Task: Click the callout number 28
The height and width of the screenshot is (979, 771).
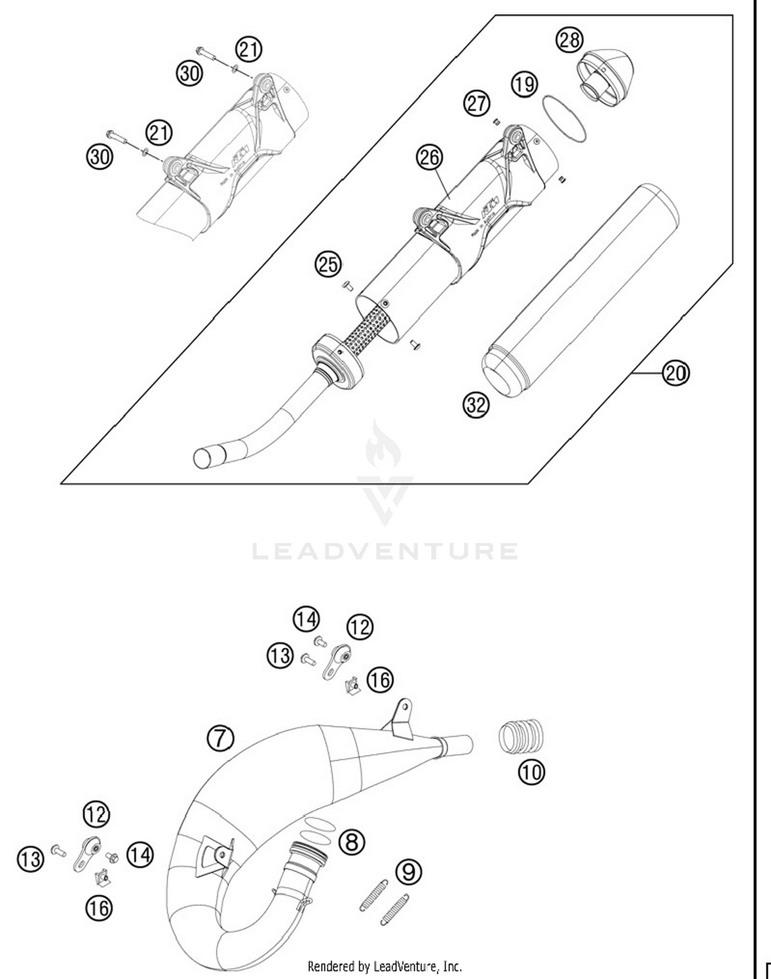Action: pos(570,40)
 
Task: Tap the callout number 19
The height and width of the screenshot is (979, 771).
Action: pos(524,84)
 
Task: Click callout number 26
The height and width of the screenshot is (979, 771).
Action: pos(430,157)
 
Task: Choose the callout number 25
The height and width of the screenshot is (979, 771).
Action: pos(328,265)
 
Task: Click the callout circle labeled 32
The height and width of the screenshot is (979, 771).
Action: pos(476,405)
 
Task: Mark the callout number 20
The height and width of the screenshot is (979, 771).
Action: pos(675,372)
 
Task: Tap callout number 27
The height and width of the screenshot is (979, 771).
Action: pos(476,103)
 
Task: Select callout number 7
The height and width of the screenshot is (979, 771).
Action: pos(220,738)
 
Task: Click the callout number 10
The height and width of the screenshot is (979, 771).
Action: pos(531,771)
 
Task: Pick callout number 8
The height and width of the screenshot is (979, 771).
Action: pos(352,842)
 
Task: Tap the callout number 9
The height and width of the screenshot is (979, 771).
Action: pos(409,871)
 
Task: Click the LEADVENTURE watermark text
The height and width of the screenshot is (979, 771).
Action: pos(385,551)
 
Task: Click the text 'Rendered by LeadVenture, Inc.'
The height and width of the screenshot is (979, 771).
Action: pos(384,966)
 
